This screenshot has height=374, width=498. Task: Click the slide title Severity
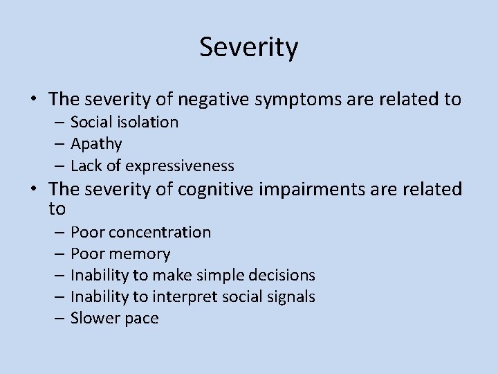[249, 48]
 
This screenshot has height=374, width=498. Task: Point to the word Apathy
[96, 144]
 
